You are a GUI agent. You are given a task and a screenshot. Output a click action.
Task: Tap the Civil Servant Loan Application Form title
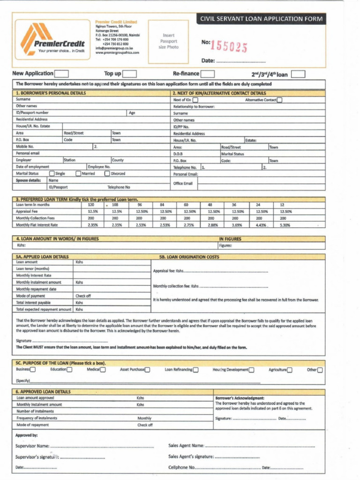click(262, 19)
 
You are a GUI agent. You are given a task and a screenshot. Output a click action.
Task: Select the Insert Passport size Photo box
click(169, 41)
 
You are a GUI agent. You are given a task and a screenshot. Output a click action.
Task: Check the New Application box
click(61, 74)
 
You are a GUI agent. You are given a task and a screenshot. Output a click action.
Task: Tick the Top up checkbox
click(129, 74)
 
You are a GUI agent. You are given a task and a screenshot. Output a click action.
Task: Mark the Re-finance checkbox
click(208, 74)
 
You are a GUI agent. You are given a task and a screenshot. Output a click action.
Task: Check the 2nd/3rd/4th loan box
click(298, 74)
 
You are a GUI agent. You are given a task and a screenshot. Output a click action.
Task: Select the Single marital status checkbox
click(52, 173)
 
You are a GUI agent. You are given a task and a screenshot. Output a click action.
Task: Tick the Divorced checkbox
click(107, 173)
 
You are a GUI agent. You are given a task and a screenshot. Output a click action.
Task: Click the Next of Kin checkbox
click(195, 100)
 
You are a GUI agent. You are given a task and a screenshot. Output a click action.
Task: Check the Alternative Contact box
click(279, 100)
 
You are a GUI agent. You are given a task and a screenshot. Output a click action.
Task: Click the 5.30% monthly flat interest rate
click(285, 225)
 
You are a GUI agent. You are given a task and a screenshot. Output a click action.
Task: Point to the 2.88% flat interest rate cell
click(213, 225)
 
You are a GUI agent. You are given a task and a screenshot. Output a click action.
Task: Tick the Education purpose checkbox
click(69, 370)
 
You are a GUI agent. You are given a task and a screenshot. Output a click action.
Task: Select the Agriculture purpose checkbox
click(290, 370)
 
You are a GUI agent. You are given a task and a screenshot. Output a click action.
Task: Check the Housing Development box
click(252, 370)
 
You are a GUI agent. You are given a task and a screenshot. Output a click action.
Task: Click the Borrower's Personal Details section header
click(51, 93)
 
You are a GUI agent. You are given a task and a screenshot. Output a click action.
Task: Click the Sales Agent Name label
click(186, 445)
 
